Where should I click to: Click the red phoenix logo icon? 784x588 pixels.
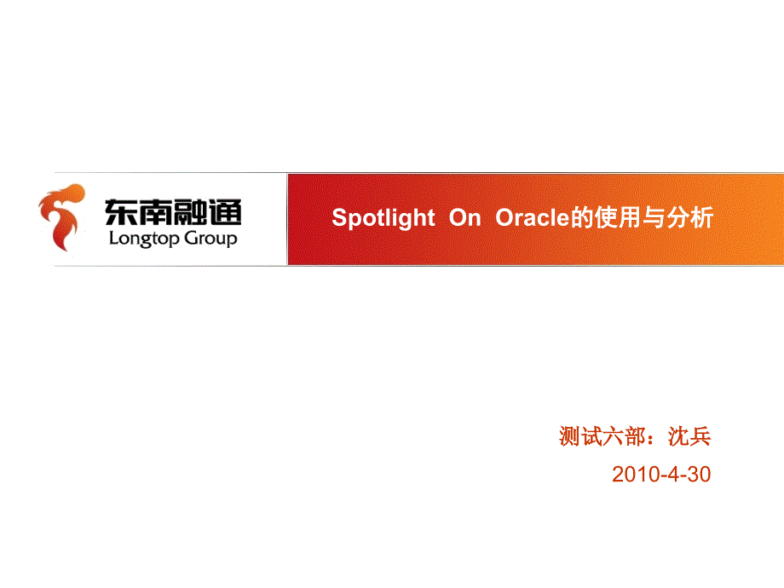(61, 218)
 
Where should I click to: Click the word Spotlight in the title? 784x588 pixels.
(383, 219)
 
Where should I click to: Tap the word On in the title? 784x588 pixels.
(465, 219)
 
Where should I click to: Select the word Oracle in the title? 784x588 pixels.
(532, 219)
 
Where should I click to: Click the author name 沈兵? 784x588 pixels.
(689, 438)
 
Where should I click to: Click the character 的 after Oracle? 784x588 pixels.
(580, 219)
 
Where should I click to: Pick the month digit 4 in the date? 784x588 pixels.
(672, 475)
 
